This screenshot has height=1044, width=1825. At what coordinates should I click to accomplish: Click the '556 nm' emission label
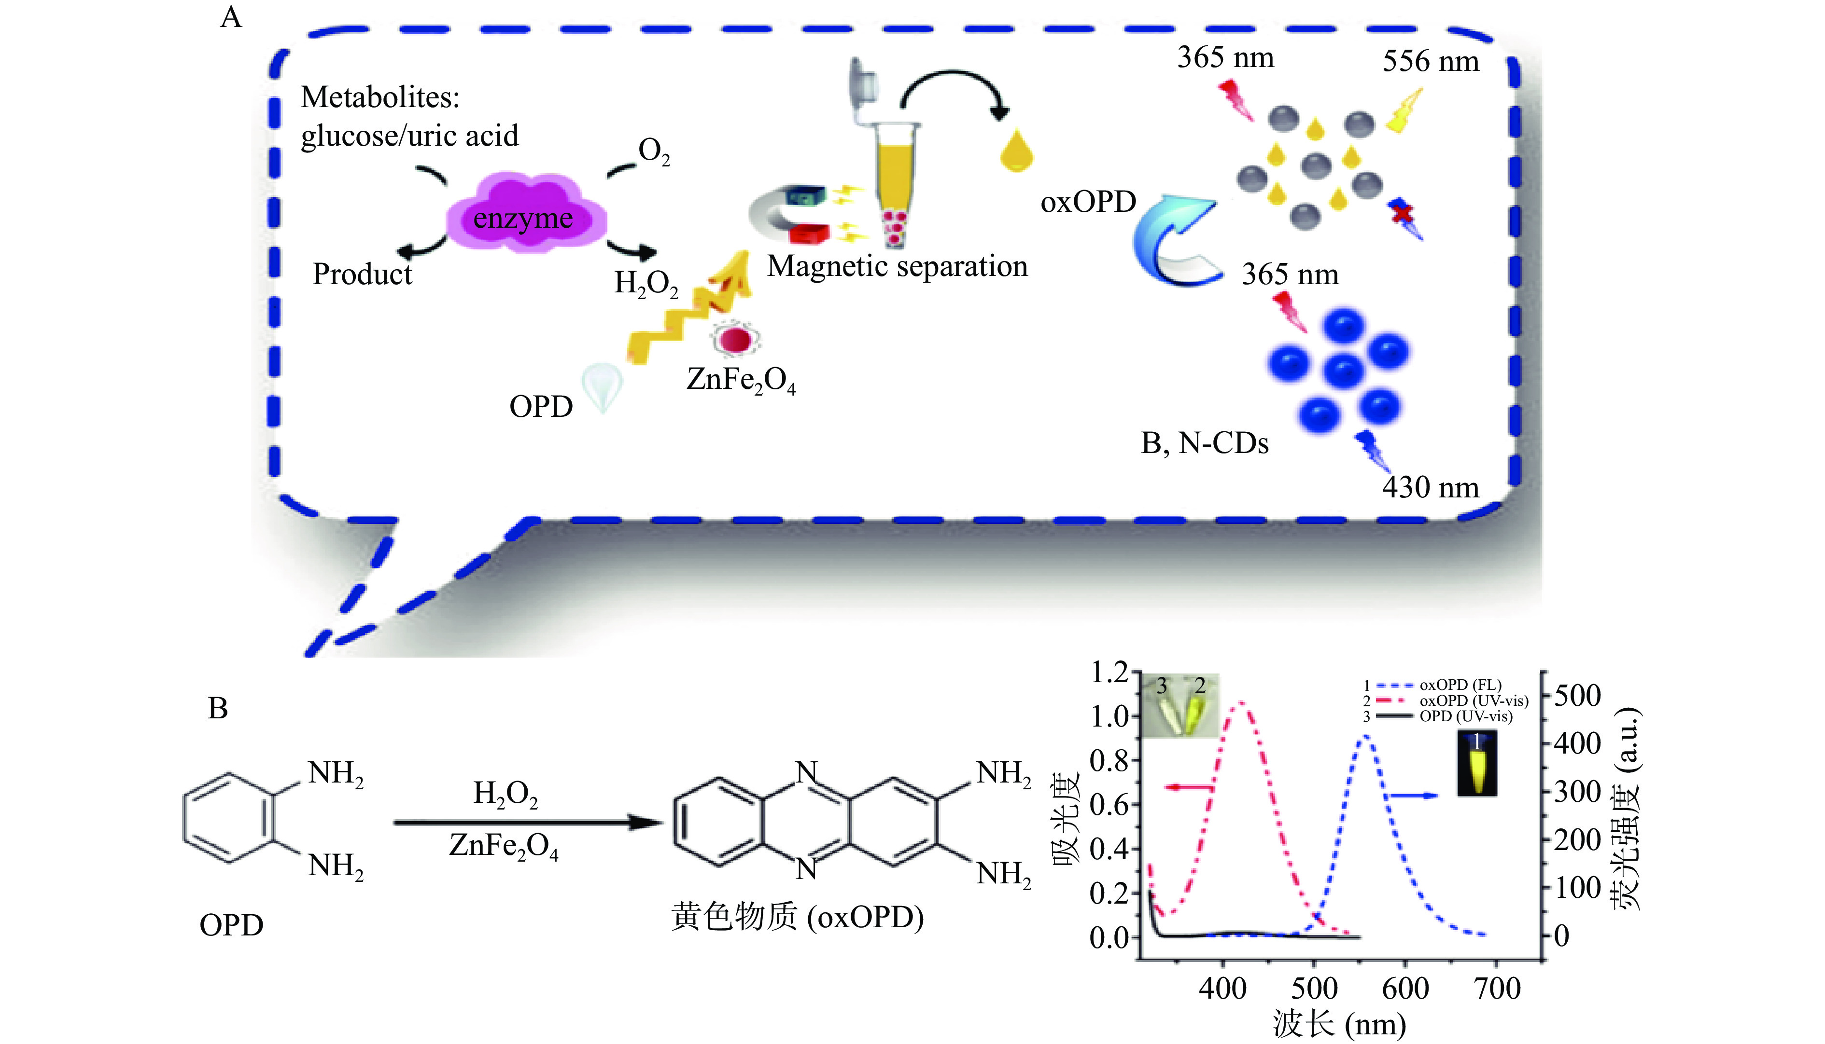tap(1431, 62)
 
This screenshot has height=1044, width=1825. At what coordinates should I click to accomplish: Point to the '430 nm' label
tap(1431, 488)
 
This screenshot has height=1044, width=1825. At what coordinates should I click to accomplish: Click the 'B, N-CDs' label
tap(1205, 444)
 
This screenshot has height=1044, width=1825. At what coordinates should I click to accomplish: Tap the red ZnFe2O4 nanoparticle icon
tap(735, 339)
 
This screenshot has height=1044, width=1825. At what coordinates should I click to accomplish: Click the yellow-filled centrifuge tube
tap(895, 179)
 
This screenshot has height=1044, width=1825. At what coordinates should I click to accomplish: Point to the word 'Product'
tap(362, 274)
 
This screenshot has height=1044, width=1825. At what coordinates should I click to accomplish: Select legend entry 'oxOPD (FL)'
tap(1460, 685)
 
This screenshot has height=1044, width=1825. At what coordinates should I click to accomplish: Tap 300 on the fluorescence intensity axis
tap(1577, 792)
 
